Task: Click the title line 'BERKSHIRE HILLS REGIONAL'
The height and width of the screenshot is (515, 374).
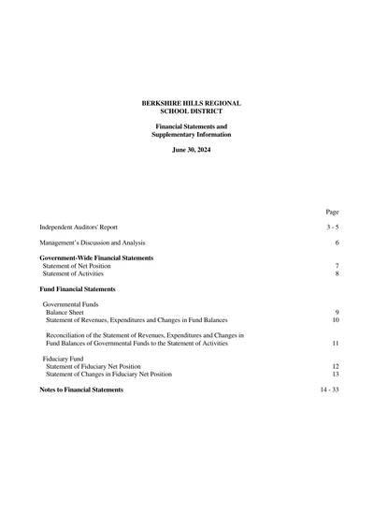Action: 191,102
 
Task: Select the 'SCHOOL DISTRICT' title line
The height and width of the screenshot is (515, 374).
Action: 191,110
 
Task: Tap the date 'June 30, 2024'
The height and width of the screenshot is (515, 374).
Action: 191,150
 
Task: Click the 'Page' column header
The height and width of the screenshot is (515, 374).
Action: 332,213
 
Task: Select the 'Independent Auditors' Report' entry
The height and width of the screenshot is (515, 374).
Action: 78,228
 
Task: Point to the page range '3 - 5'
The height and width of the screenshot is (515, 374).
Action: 333,228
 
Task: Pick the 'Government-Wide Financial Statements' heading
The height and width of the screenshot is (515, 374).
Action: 96,257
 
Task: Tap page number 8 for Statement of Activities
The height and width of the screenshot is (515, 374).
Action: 337,274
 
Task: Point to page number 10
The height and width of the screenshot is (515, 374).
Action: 335,320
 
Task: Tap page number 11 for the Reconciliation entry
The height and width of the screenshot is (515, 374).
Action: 335,344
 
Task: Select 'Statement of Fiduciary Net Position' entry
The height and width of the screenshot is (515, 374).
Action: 93,366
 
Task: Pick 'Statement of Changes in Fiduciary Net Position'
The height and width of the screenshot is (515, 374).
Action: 108,375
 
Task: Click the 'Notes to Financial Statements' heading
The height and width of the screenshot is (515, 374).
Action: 81,390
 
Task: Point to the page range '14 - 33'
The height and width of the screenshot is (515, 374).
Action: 329,390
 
